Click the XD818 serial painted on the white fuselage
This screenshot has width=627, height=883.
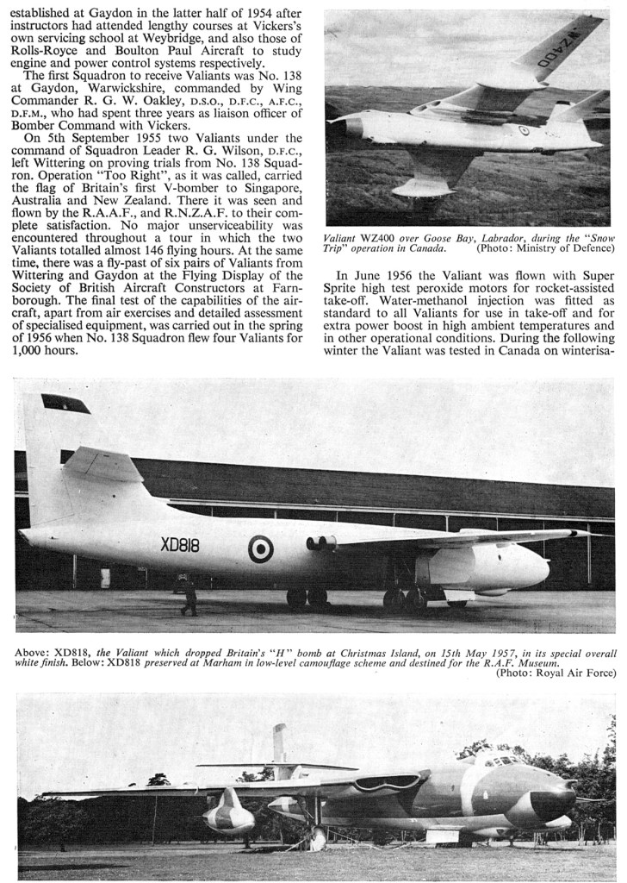(180, 545)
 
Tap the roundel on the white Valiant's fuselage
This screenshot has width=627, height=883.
(261, 548)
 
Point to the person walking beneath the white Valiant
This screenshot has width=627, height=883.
(189, 597)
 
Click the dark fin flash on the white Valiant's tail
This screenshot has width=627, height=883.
(65, 403)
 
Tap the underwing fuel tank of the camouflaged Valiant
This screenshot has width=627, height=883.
(228, 815)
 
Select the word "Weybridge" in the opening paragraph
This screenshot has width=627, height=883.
(219, 39)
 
